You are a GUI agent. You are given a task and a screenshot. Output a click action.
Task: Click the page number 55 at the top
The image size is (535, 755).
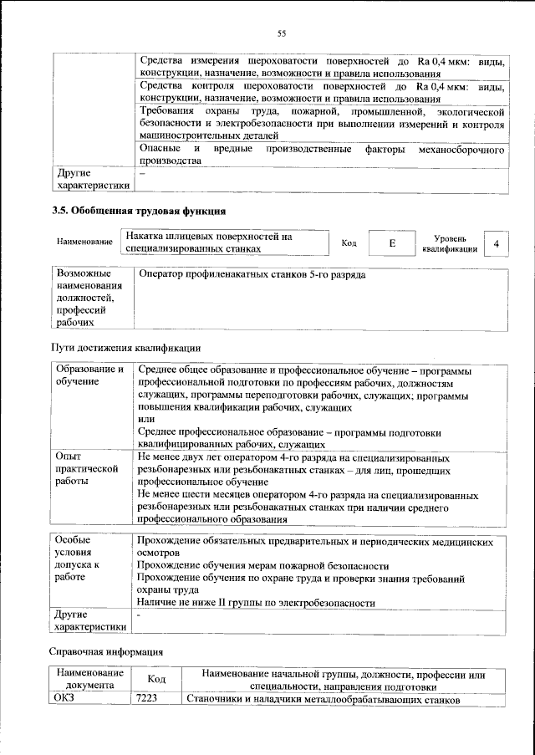282,33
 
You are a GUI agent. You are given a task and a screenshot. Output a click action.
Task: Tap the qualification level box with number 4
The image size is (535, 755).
497,243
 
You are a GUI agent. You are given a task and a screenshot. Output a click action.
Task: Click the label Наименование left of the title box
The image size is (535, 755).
84,242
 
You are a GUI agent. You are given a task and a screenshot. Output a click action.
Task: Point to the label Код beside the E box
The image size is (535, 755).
349,243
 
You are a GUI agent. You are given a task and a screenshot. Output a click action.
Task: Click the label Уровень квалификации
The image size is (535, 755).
450,243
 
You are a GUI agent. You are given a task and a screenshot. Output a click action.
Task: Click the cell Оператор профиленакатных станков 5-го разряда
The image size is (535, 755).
252,275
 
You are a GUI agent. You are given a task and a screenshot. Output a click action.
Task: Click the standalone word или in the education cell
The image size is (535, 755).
145,420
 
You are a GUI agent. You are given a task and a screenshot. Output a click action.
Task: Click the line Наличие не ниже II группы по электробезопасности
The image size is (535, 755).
255,603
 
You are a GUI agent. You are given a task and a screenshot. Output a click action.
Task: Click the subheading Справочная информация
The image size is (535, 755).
107,650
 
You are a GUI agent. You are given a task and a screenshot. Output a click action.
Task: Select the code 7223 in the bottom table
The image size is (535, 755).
147,699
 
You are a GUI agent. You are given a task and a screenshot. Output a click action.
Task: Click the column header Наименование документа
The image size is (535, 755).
89,679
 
